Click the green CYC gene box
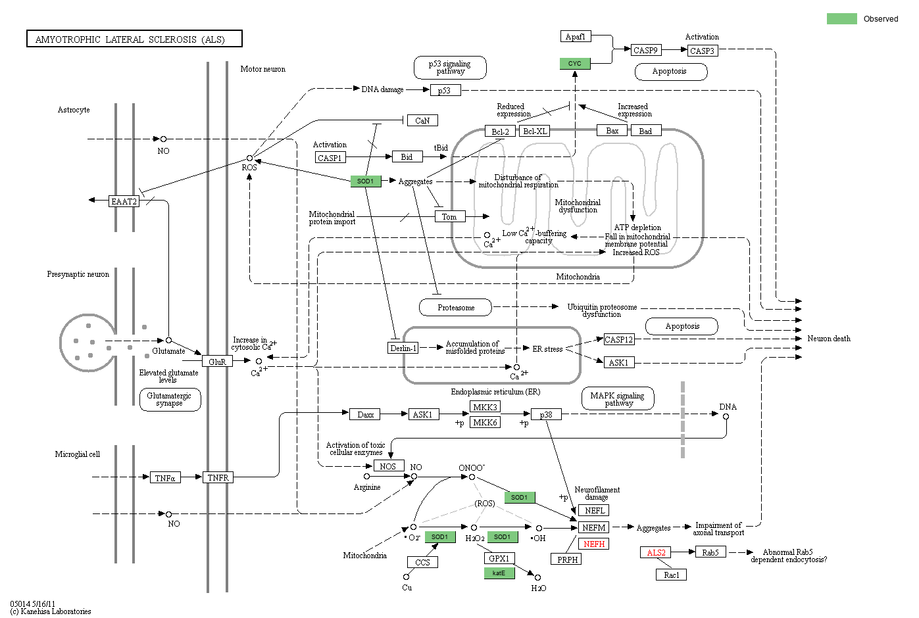point(575,64)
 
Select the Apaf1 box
point(576,37)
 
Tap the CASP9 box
point(645,50)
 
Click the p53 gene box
point(445,91)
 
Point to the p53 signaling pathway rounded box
point(450,68)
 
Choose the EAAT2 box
point(124,201)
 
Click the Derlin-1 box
point(403,348)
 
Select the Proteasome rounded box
point(456,307)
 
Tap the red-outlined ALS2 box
point(656,552)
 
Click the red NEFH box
point(594,544)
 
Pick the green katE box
point(499,573)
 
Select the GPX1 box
point(499,558)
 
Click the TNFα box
point(165,477)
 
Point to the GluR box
point(217,361)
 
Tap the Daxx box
point(366,414)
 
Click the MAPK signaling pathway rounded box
point(617,398)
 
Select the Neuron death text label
point(828,339)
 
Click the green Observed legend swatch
point(841,18)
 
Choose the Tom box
point(449,216)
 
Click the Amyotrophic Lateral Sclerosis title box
point(134,39)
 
